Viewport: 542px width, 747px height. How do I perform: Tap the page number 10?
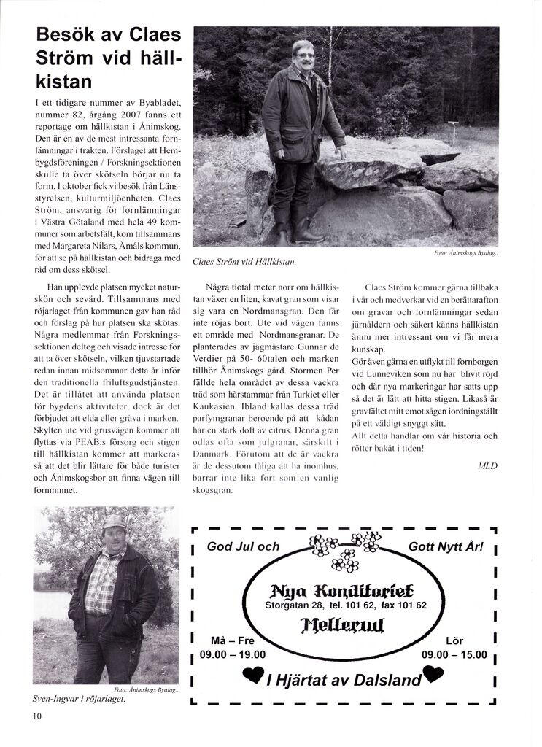[37, 716]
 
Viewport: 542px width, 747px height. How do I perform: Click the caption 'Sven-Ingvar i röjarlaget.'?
[80, 698]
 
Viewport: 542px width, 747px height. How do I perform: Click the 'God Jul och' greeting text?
[243, 546]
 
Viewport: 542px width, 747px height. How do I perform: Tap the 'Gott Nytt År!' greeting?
[445, 546]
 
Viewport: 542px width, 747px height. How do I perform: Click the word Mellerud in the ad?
[343, 624]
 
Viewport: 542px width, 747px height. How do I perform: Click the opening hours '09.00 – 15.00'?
[454, 654]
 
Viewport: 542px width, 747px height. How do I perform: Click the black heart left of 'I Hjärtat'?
[254, 678]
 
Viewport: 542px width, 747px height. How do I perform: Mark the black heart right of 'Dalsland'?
[433, 676]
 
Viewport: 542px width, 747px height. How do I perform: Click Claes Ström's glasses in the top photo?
[305, 55]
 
